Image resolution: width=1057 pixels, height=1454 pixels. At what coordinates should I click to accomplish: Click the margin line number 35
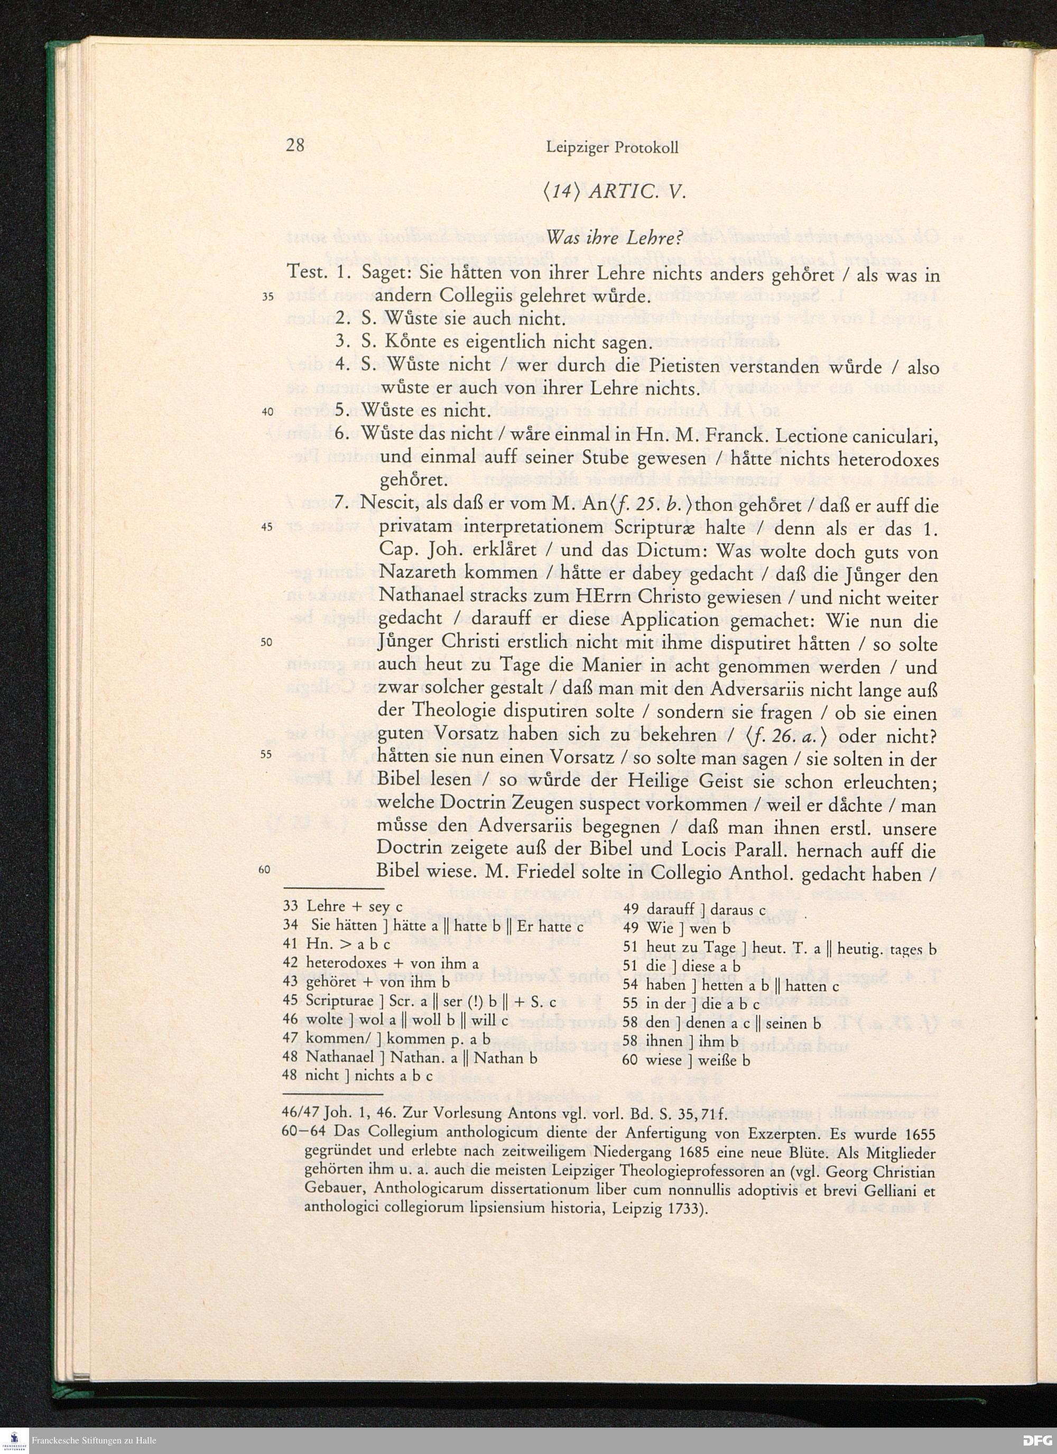268,297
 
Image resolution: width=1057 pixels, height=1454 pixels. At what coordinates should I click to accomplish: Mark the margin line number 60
268,869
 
